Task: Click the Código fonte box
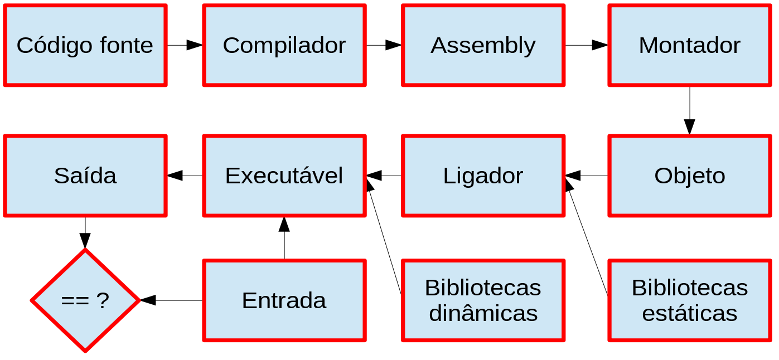85,45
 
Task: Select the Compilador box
284,45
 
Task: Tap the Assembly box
483,45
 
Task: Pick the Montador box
690,45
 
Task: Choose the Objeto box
690,176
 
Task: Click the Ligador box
483,176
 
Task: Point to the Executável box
284,176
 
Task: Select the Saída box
85,176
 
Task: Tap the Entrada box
284,300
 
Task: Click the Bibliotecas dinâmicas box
483,300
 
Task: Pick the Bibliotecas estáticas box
690,300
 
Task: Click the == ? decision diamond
85,300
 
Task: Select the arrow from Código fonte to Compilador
185,45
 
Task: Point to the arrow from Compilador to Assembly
384,45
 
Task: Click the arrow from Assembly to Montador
586,45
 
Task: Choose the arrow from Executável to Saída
185,176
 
